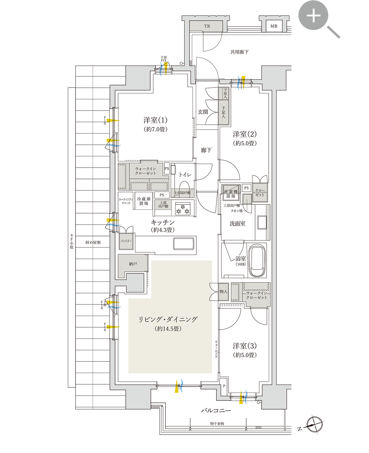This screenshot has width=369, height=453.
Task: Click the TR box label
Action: tap(207, 26)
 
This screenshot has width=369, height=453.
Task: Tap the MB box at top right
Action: tap(274, 26)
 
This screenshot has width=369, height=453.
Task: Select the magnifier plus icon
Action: tap(314, 15)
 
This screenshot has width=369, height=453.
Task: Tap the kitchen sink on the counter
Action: tap(184, 244)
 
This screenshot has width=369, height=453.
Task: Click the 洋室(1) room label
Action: tap(155, 120)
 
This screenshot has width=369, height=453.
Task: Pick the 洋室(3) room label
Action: tap(245, 346)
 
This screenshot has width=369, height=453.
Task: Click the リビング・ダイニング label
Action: tap(168, 320)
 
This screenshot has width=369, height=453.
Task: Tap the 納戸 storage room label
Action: tap(133, 264)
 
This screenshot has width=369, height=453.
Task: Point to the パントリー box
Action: tap(126, 241)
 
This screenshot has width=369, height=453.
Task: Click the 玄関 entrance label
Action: tap(203, 112)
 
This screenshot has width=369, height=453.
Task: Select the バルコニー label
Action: tap(216, 410)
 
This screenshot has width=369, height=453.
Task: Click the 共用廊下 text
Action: tap(239, 52)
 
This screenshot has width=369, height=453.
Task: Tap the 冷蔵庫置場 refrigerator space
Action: tap(144, 201)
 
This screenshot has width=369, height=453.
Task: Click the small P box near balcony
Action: tap(224, 386)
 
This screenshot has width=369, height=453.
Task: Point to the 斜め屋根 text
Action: tap(93, 243)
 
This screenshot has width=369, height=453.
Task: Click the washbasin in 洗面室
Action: tap(262, 222)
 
